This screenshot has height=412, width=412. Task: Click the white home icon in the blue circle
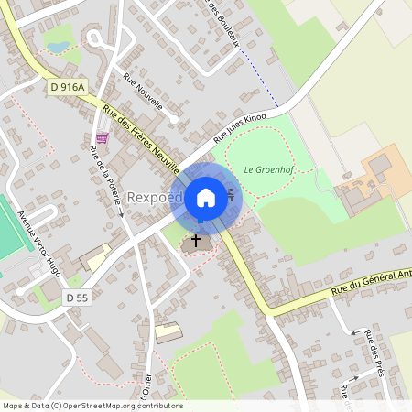pyautogui.click(x=206, y=197)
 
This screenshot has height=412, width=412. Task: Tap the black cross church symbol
pyautogui.click(x=195, y=242)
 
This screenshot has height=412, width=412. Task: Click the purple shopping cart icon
pyautogui.click(x=102, y=138)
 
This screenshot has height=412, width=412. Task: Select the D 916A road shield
pyautogui.click(x=68, y=87)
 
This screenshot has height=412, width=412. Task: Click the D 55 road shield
pyautogui.click(x=77, y=298)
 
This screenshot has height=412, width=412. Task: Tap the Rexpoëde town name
pyautogui.click(x=156, y=197)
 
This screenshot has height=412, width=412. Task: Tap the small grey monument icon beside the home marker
pyautogui.click(x=229, y=194)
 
